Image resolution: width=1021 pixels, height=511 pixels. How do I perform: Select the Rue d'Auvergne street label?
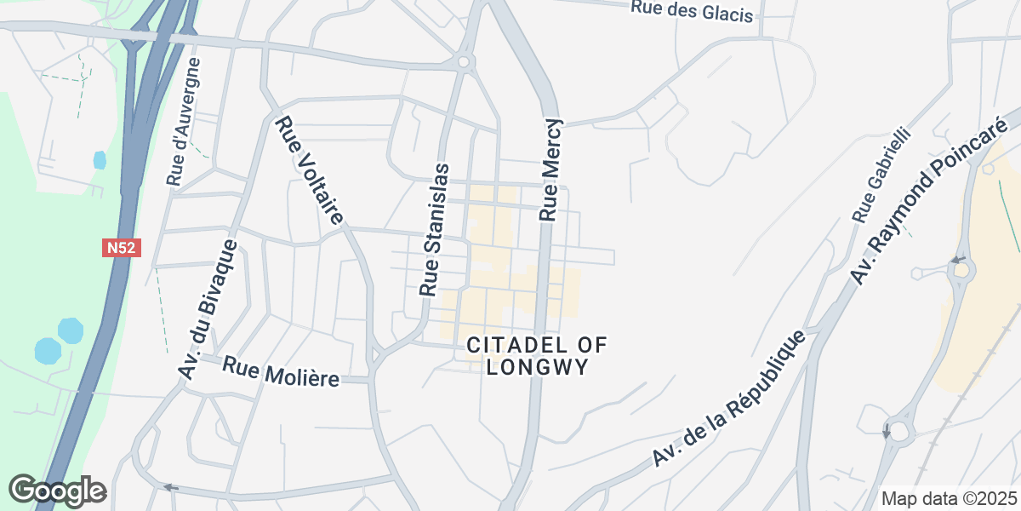click(185, 122)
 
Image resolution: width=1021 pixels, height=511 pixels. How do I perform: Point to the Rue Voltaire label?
click(310, 171)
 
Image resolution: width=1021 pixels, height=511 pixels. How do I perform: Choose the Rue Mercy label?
click(550, 168)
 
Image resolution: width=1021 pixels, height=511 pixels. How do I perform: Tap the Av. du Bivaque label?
click(207, 307)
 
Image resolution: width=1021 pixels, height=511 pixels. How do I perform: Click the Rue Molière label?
click(281, 371)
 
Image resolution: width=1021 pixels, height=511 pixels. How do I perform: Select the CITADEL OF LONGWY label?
click(537, 356)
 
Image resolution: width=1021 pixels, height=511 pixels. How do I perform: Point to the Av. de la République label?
click(730, 398)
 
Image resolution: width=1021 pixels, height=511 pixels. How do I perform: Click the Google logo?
click(57, 491)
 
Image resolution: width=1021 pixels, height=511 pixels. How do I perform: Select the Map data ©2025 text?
click(948, 498)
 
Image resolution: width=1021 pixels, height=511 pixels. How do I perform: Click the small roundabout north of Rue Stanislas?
click(464, 61)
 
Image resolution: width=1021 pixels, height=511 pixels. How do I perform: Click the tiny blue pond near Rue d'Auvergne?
click(100, 159)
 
